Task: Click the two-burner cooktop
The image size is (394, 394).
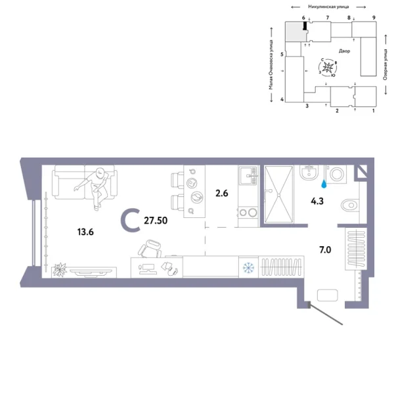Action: coord(248,212)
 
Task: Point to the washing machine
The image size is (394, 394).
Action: coord(337,175)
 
